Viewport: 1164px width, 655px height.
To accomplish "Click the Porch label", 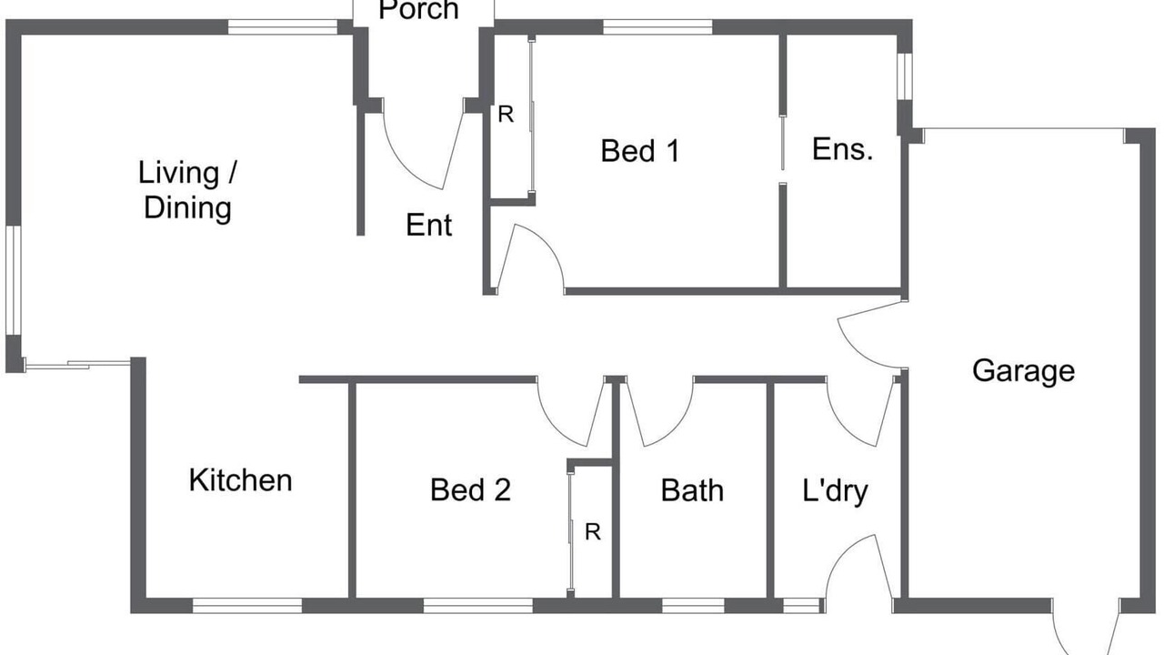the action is [x=419, y=10].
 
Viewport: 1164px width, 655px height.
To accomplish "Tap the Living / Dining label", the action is [x=187, y=190].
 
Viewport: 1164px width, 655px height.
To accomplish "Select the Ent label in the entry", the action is [x=428, y=225].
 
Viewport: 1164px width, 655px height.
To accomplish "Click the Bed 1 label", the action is [x=640, y=151].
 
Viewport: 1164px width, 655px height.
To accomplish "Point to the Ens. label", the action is [x=842, y=149].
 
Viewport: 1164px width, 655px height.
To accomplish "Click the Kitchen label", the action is [x=241, y=479].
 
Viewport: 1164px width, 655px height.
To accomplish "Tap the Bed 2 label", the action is [x=470, y=489].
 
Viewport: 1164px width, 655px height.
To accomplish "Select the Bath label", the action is [x=692, y=490].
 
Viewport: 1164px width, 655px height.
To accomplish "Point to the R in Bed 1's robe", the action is [x=506, y=115].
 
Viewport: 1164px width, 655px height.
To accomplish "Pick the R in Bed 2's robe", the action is [x=593, y=532].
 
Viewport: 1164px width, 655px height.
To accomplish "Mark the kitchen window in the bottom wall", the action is [x=247, y=606].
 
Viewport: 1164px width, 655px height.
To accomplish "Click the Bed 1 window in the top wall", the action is [x=657, y=27].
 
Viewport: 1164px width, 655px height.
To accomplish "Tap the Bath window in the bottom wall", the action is [x=693, y=606].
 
